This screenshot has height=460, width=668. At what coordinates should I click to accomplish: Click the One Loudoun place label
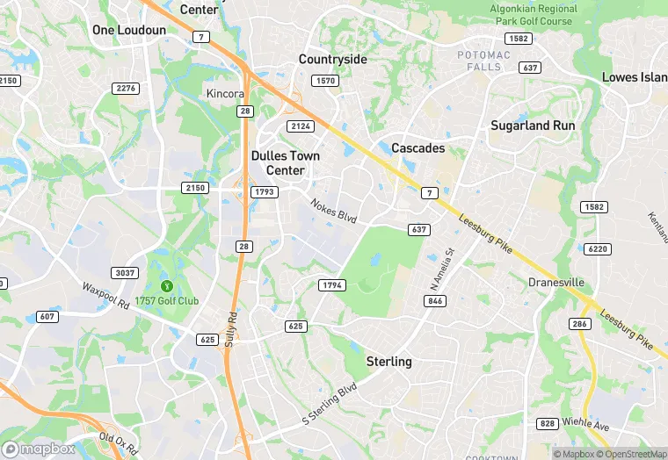tap(129, 30)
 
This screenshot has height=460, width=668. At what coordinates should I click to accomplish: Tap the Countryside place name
tap(332, 60)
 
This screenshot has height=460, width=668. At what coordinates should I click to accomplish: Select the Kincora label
tap(224, 94)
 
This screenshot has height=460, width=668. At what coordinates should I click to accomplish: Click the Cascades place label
tap(417, 148)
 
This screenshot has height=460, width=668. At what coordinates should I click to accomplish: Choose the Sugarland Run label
tap(533, 126)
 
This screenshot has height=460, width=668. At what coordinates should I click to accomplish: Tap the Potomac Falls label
tap(484, 61)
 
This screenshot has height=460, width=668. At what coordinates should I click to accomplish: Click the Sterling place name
tap(388, 362)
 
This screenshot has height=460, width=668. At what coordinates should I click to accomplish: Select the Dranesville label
tap(555, 283)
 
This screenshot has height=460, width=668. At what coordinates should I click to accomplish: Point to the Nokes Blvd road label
tap(333, 211)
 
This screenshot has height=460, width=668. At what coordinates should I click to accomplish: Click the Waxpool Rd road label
tap(105, 294)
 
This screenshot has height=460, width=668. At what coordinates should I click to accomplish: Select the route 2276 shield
tap(127, 88)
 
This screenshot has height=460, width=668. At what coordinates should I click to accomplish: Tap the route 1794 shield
tap(332, 285)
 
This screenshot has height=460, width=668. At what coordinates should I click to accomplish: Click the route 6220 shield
tap(597, 249)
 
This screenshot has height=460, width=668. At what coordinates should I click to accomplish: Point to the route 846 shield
tap(434, 301)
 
